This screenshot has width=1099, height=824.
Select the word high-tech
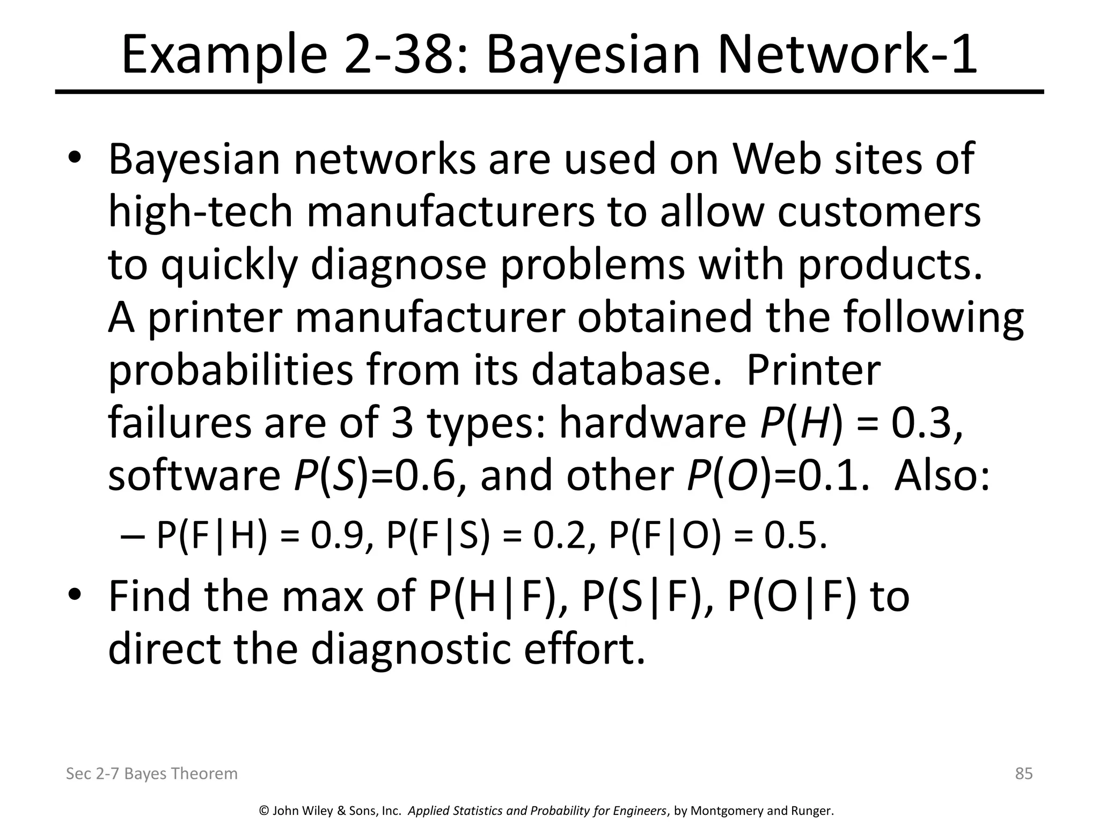pyautogui.click(x=201, y=212)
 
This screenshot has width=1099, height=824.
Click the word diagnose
pyautogui.click(x=398, y=266)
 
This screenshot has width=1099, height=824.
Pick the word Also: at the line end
pyautogui.click(x=942, y=476)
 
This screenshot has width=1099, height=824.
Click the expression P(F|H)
pyautogui.click(x=211, y=536)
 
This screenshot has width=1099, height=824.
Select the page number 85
pyautogui.click(x=1024, y=774)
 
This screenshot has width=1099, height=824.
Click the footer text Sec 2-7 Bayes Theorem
pyautogui.click(x=151, y=774)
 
